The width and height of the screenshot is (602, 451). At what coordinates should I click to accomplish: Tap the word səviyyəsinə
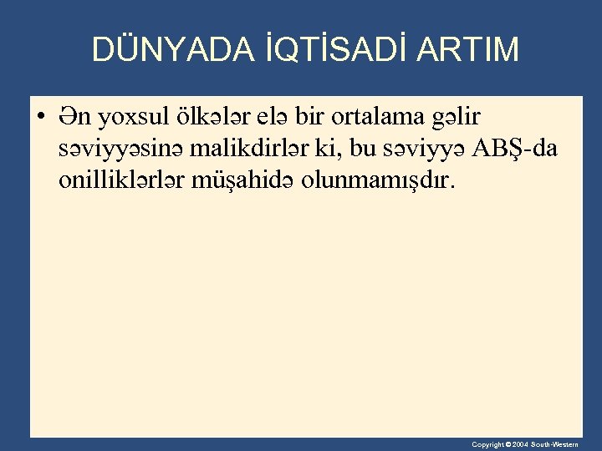[x=122, y=150]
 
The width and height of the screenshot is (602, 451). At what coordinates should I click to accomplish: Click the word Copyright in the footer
[x=487, y=444]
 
